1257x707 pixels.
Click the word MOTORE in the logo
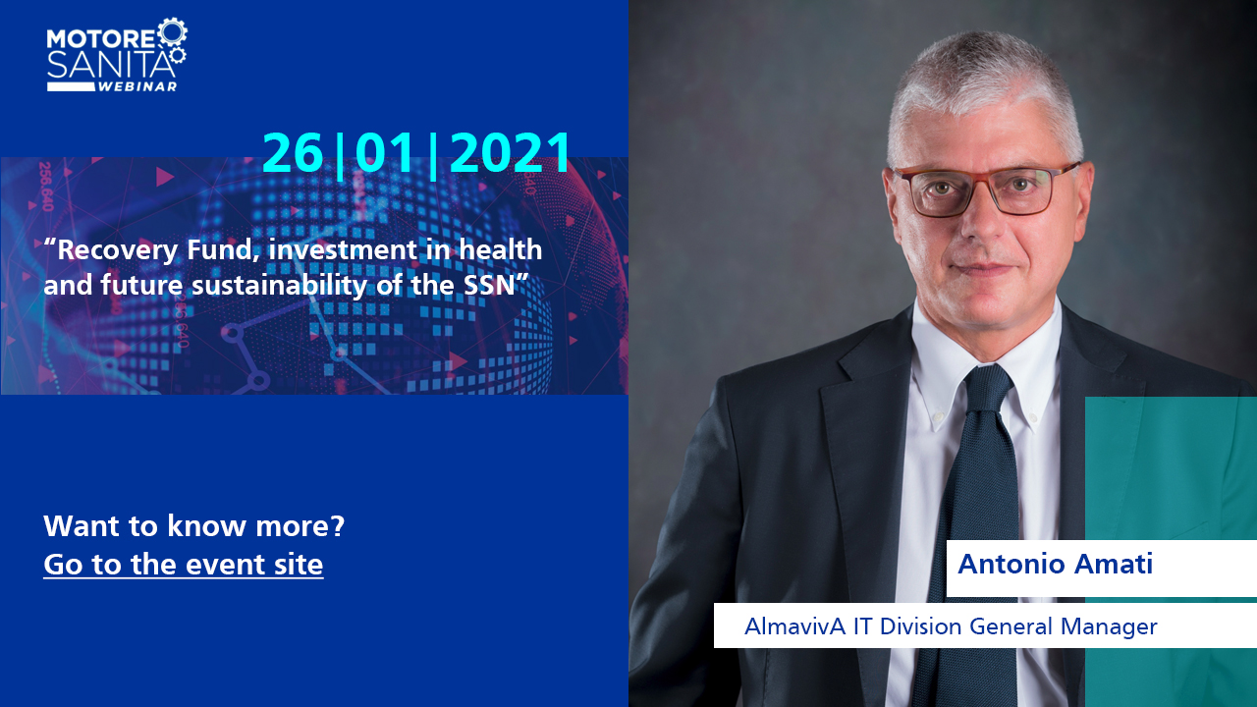(x=100, y=38)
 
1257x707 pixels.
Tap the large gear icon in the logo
(x=172, y=32)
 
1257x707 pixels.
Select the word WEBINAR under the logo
(x=138, y=86)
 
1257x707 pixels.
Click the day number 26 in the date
(x=293, y=152)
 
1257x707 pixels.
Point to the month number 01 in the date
(x=385, y=152)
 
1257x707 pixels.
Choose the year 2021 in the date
(x=510, y=152)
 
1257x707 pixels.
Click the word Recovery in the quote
(x=117, y=250)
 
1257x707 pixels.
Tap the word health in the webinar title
(x=501, y=249)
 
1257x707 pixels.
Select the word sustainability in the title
(x=280, y=286)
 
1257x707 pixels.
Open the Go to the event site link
(x=184, y=564)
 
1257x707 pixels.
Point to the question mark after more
(x=337, y=526)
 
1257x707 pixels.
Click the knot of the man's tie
(x=989, y=387)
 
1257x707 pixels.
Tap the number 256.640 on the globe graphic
(x=45, y=187)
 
